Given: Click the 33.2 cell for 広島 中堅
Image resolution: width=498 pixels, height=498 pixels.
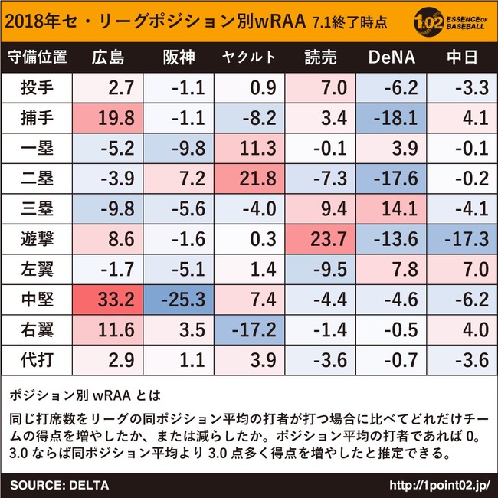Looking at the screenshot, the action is click(x=108, y=300).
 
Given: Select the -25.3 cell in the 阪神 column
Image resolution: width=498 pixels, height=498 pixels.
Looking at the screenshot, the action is click(x=179, y=300).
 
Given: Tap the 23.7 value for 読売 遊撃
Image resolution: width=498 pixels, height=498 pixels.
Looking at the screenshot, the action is click(x=320, y=239).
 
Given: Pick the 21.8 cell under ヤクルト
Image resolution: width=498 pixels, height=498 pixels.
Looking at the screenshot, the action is click(x=250, y=179).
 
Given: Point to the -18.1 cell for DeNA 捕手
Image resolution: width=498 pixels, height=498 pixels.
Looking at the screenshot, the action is click(x=392, y=117).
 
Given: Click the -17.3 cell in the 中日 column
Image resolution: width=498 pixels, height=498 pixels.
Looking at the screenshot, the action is click(x=462, y=239).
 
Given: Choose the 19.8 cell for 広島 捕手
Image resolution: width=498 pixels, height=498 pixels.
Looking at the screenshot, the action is click(x=108, y=117).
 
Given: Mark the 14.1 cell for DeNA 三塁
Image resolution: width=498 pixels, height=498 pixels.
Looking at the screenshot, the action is click(x=392, y=208).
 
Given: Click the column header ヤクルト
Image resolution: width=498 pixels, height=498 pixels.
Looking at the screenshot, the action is click(x=249, y=57).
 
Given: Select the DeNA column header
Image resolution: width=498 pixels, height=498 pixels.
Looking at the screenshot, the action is click(x=392, y=57).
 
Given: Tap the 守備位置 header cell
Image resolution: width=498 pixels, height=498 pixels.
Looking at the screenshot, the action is click(x=38, y=57).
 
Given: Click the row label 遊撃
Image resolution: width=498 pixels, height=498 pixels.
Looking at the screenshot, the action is click(x=38, y=239).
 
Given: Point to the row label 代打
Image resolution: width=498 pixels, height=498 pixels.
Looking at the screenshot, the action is click(x=38, y=360).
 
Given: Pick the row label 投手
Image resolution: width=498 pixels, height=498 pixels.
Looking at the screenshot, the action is click(x=38, y=87).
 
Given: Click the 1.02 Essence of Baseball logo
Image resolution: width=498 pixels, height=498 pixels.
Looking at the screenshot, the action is click(x=450, y=21).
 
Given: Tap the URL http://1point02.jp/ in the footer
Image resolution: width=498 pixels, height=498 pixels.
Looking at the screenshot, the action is click(x=440, y=485).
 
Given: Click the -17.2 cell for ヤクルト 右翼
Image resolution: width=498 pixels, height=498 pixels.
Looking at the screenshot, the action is click(x=250, y=330).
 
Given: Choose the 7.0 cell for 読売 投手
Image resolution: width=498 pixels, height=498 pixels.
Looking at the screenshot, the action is click(x=320, y=87).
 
